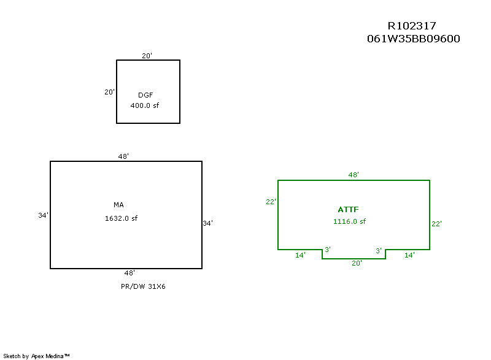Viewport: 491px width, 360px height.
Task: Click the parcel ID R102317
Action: pyautogui.click(x=412, y=26)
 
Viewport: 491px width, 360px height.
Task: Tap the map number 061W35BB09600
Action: pyautogui.click(x=413, y=39)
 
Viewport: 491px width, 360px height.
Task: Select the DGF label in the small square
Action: pyautogui.click(x=145, y=95)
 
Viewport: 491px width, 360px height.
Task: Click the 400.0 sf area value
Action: pyautogui.click(x=145, y=105)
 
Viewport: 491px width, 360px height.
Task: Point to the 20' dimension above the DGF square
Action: pyautogui.click(x=147, y=56)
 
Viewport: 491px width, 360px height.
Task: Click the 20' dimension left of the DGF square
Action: pyautogui.click(x=109, y=92)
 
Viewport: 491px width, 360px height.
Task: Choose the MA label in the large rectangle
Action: pyautogui.click(x=118, y=205)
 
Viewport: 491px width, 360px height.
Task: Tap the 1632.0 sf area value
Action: pyautogui.click(x=122, y=218)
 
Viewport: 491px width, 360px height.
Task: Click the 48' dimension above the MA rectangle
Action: pyautogui.click(x=123, y=156)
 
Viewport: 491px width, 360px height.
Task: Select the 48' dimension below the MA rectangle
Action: pyautogui.click(x=130, y=273)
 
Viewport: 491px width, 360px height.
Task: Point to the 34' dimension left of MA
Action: pyautogui.click(x=43, y=215)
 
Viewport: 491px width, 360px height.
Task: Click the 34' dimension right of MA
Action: pyautogui.click(x=208, y=224)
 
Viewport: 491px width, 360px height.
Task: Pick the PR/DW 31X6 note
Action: pyautogui.click(x=143, y=286)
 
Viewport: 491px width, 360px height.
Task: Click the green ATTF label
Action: pyautogui.click(x=347, y=209)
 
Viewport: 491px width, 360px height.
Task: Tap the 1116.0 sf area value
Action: pyautogui.click(x=350, y=221)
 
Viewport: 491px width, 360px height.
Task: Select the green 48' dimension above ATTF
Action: pyautogui.click(x=354, y=175)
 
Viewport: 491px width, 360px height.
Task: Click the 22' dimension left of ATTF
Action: pyautogui.click(x=271, y=202)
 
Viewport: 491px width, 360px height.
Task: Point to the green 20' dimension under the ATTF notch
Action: pyautogui.click(x=357, y=262)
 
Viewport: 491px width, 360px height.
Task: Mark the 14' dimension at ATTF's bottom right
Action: pyautogui.click(x=409, y=255)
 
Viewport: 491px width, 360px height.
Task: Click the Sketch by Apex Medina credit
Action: pyautogui.click(x=37, y=355)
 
